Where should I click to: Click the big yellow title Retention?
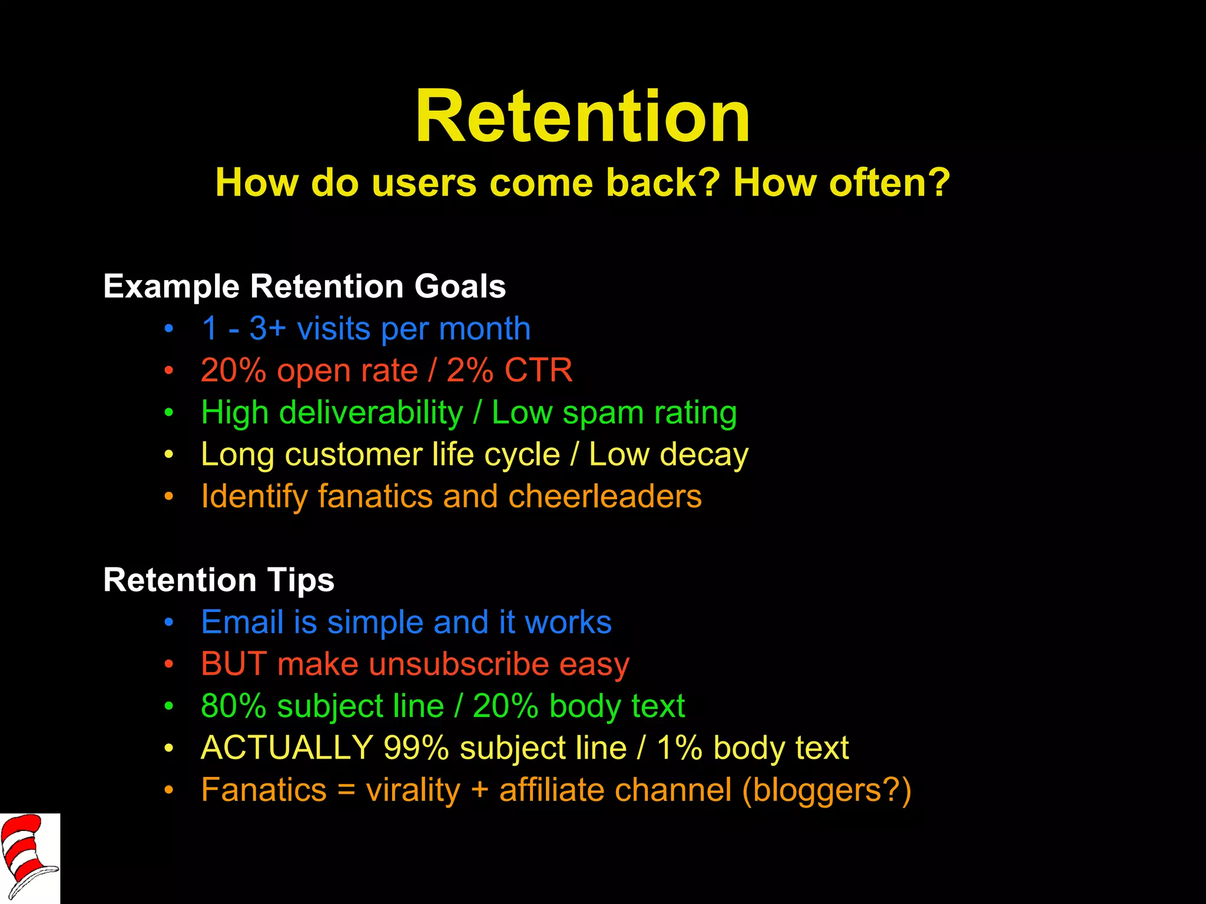click(582, 116)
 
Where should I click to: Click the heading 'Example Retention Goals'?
click(304, 287)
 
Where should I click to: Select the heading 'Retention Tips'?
click(218, 580)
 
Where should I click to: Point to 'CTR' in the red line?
click(538, 371)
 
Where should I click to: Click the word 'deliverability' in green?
click(371, 413)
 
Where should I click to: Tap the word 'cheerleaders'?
click(605, 496)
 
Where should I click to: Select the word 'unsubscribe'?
click(459, 664)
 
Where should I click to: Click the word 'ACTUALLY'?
click(287, 748)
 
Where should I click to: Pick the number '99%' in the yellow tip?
click(416, 748)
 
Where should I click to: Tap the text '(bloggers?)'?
click(826, 790)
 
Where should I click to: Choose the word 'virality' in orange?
click(413, 790)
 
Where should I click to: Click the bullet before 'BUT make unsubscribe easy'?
click(169, 664)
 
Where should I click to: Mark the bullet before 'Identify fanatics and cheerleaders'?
click(169, 497)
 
